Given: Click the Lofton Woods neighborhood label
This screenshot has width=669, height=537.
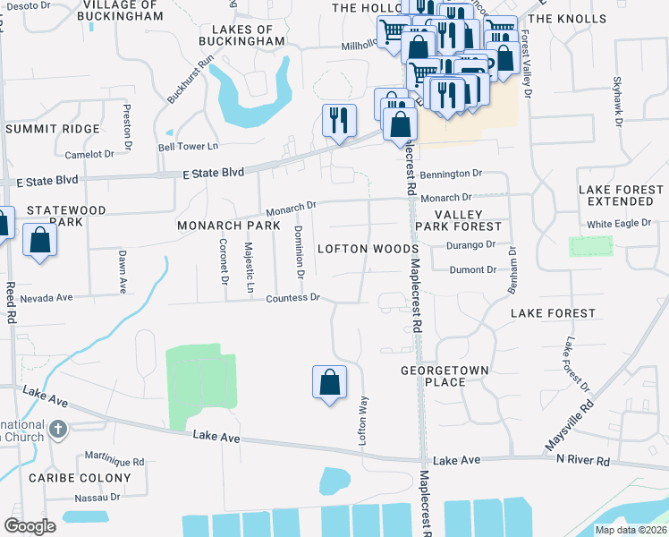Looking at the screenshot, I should click(x=368, y=248).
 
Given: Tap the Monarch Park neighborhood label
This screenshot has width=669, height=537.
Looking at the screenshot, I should click(x=222, y=225).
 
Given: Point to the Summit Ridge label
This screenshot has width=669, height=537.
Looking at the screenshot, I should click(x=53, y=129).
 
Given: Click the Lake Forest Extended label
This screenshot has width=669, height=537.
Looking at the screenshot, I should click(x=622, y=196).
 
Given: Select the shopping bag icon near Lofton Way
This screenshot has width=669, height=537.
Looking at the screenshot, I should click(x=330, y=382).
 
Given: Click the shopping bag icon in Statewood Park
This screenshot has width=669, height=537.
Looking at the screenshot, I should click(x=39, y=241).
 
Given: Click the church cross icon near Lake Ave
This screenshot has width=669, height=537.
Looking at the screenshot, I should click(x=58, y=429).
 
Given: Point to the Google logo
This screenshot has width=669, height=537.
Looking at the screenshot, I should click(x=30, y=526).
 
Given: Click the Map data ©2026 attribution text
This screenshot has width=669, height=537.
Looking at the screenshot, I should click(x=631, y=530).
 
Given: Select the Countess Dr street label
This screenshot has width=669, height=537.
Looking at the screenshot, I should click(x=292, y=297).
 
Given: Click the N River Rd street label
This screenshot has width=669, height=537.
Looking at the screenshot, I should click(x=582, y=460).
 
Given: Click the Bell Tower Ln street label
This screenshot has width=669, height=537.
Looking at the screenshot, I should click(x=188, y=146).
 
